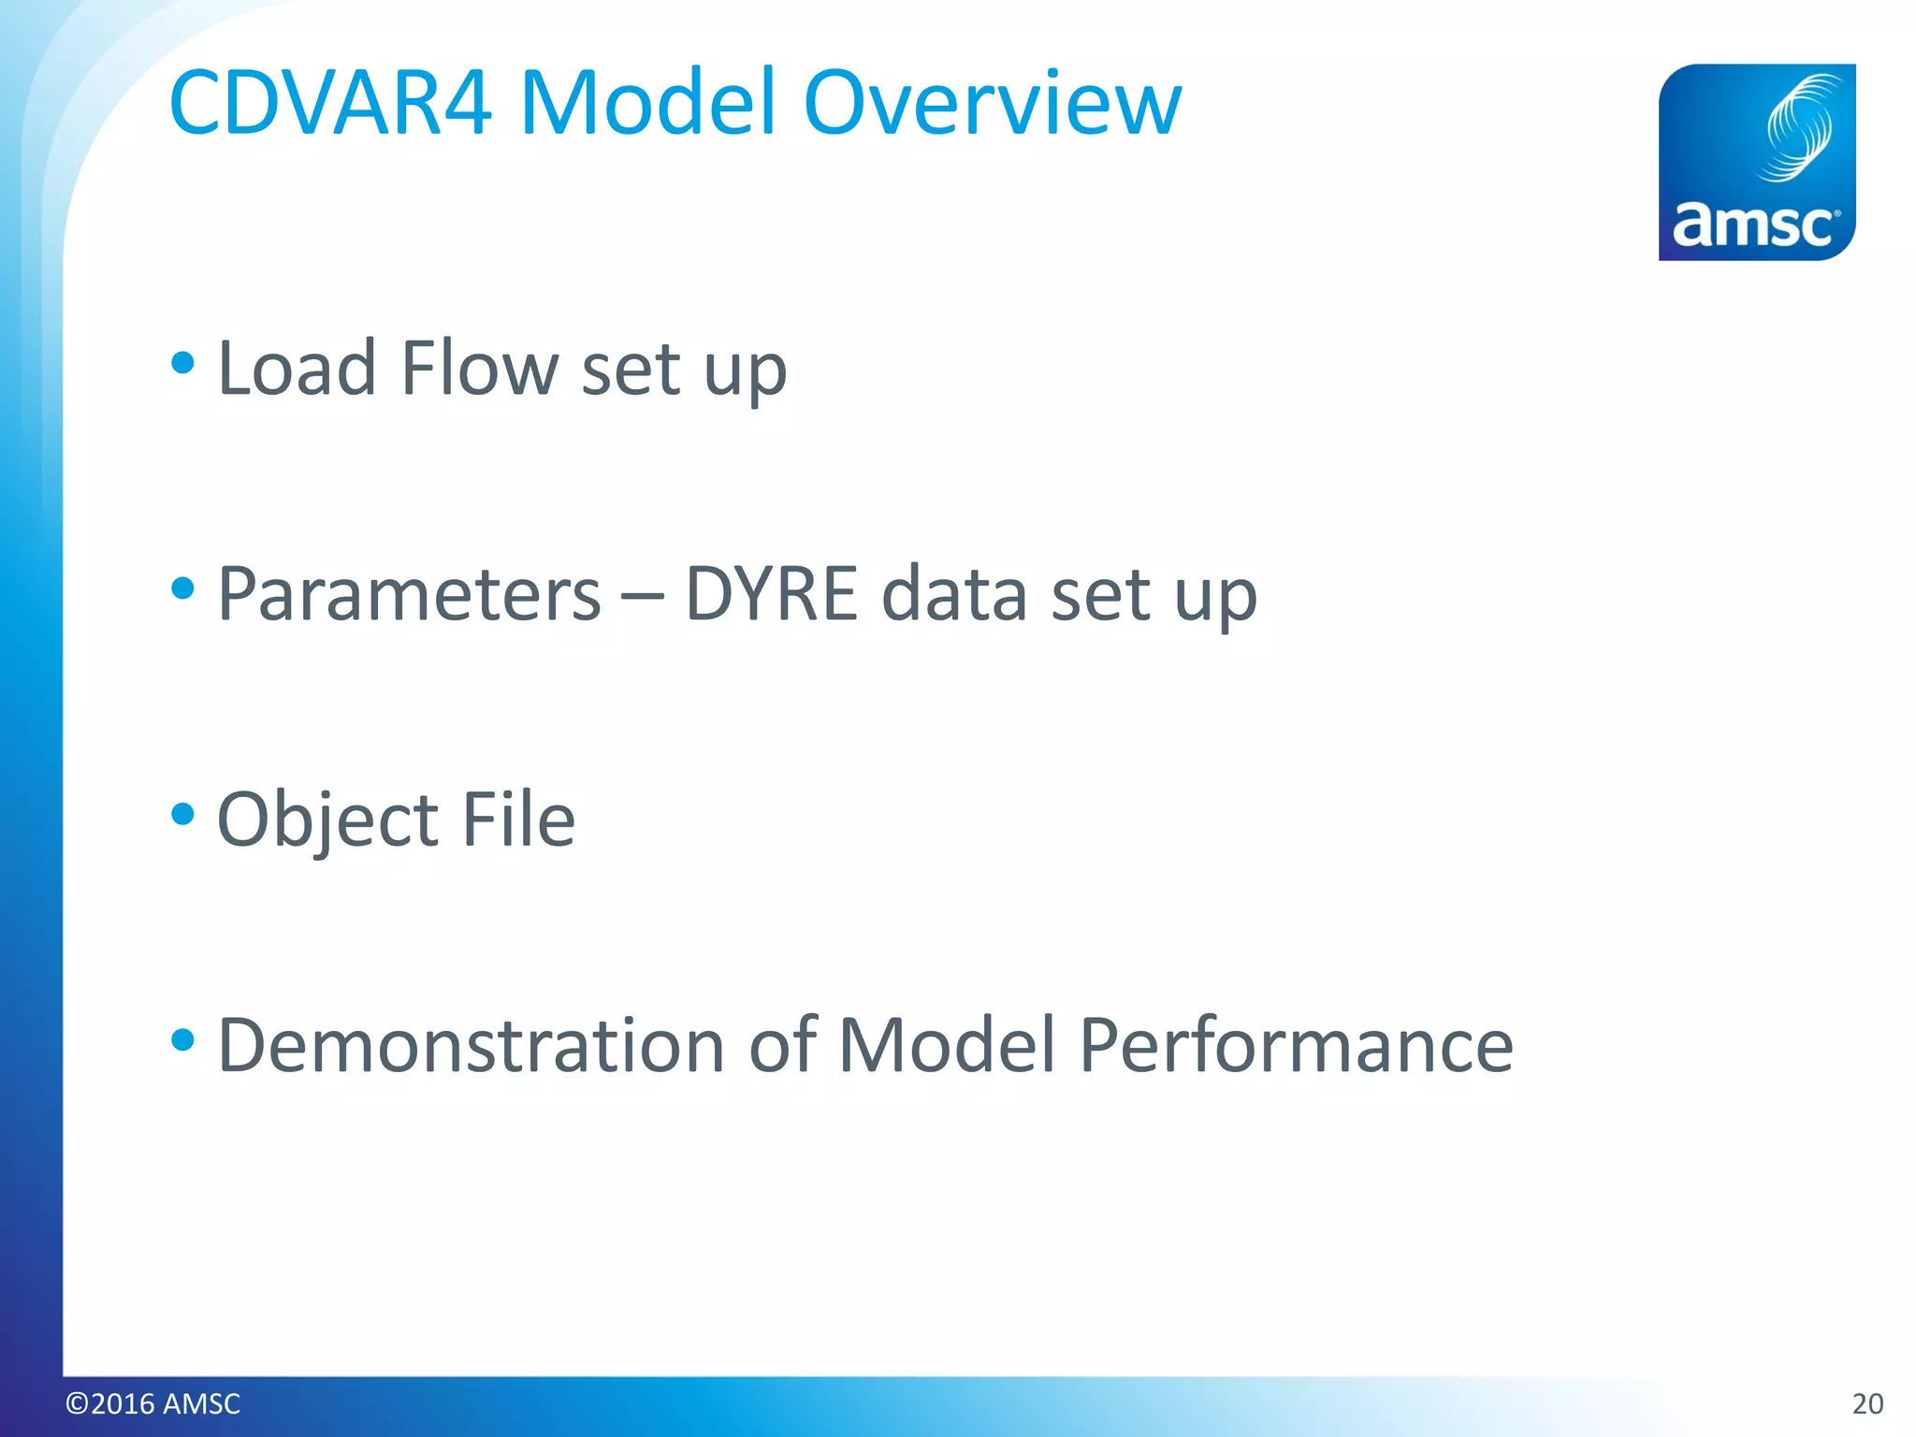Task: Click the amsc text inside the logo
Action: [x=1753, y=225]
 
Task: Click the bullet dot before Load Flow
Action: [x=183, y=363]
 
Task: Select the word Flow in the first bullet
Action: [x=479, y=369]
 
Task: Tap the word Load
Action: [x=297, y=369]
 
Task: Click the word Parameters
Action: [x=409, y=595]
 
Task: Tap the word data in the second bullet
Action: [x=954, y=595]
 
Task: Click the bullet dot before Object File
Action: [x=183, y=814]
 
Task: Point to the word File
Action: [x=518, y=820]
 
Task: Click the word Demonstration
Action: [x=471, y=1046]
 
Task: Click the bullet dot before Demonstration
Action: [x=183, y=1039]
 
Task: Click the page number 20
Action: [x=1867, y=1403]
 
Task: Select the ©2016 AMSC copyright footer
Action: [x=152, y=1403]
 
